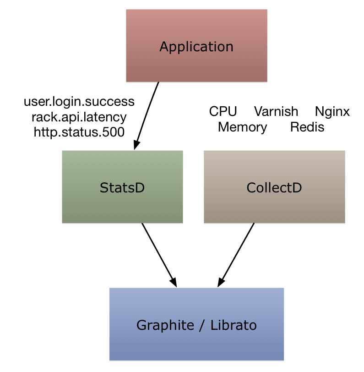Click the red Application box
pos(196,64)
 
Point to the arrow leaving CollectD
pos(236,255)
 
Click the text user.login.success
pos(79,101)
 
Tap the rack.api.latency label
pos(79,116)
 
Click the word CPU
pos(223,111)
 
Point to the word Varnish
pos(276,111)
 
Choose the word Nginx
pos(332,111)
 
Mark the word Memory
pos(242,127)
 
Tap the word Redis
pos(307,127)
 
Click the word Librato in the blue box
pos(234,325)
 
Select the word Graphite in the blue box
pos(165,325)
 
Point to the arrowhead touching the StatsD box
pos(136,145)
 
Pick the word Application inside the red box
pos(196,47)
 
